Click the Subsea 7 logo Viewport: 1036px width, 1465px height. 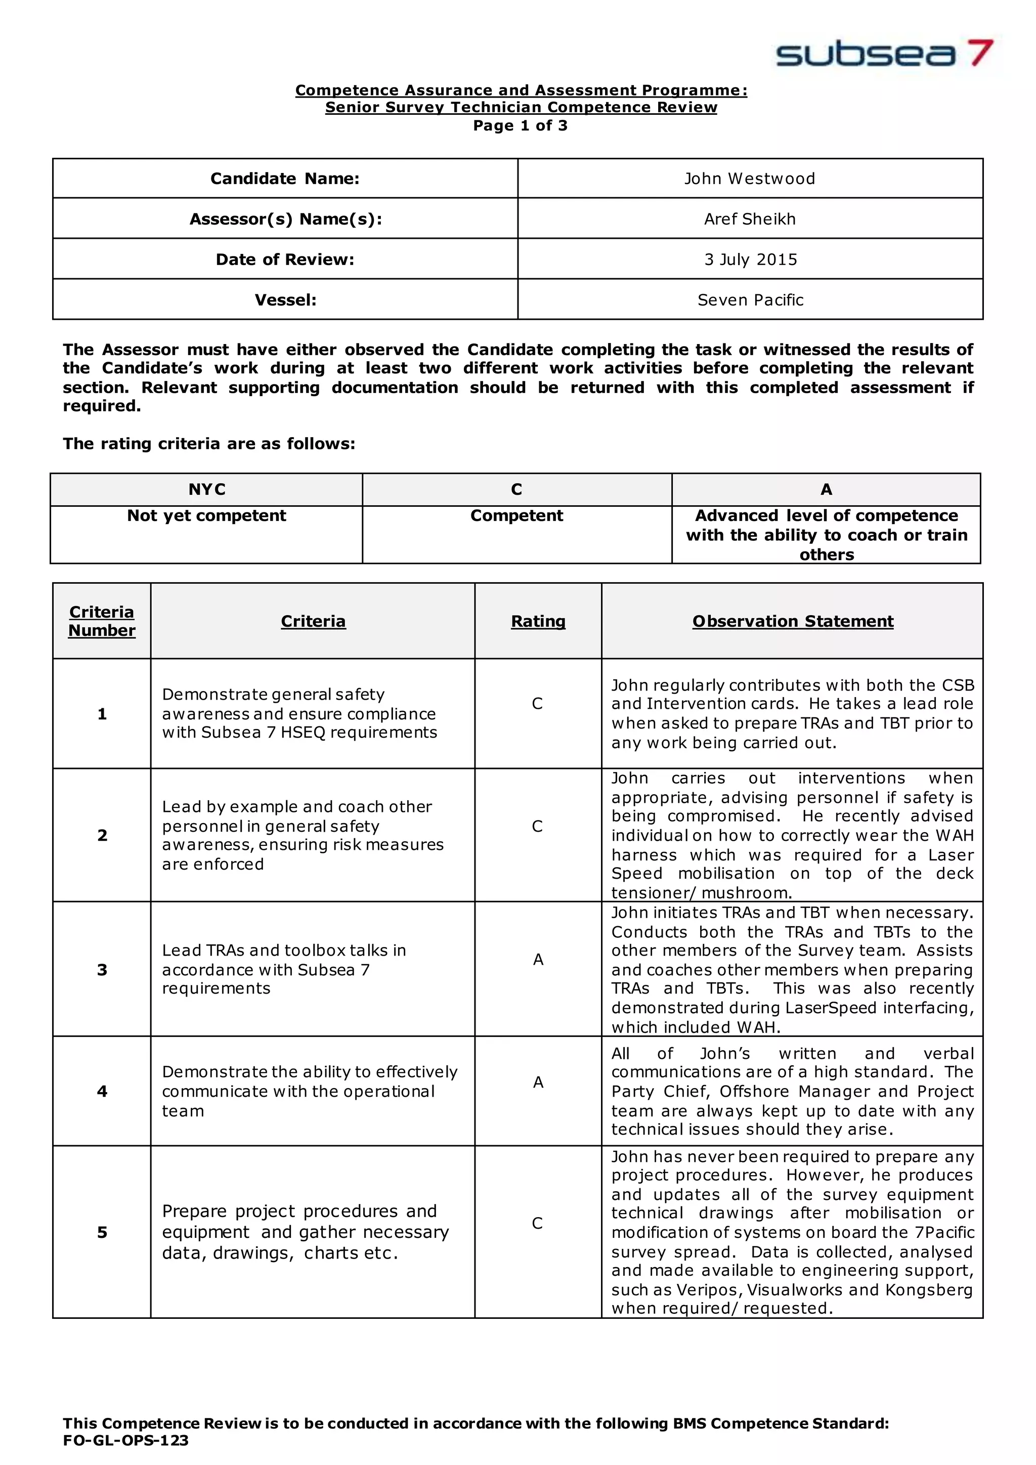coord(884,54)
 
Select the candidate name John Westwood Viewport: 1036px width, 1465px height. coord(750,179)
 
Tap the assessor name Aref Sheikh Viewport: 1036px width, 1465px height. coord(750,219)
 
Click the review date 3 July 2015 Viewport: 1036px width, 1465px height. coord(750,260)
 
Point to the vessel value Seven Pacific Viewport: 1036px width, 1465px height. coord(750,300)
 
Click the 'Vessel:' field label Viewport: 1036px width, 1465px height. coord(285,300)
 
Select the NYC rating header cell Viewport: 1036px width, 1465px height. coord(207,489)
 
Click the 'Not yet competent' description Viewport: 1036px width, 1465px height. coord(207,515)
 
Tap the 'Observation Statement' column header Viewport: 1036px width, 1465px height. coord(792,621)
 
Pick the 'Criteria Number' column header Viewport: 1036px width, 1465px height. coord(102,621)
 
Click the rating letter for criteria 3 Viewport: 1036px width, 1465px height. coord(538,960)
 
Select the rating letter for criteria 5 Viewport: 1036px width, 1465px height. coord(537,1223)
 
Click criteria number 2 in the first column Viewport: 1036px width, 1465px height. coord(102,835)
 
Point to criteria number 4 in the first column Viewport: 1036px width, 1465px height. coord(102,1091)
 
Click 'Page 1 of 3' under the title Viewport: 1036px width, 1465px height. coord(520,125)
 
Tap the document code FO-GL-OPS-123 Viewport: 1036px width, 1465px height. coord(125,1440)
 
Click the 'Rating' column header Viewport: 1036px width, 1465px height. coord(538,621)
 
